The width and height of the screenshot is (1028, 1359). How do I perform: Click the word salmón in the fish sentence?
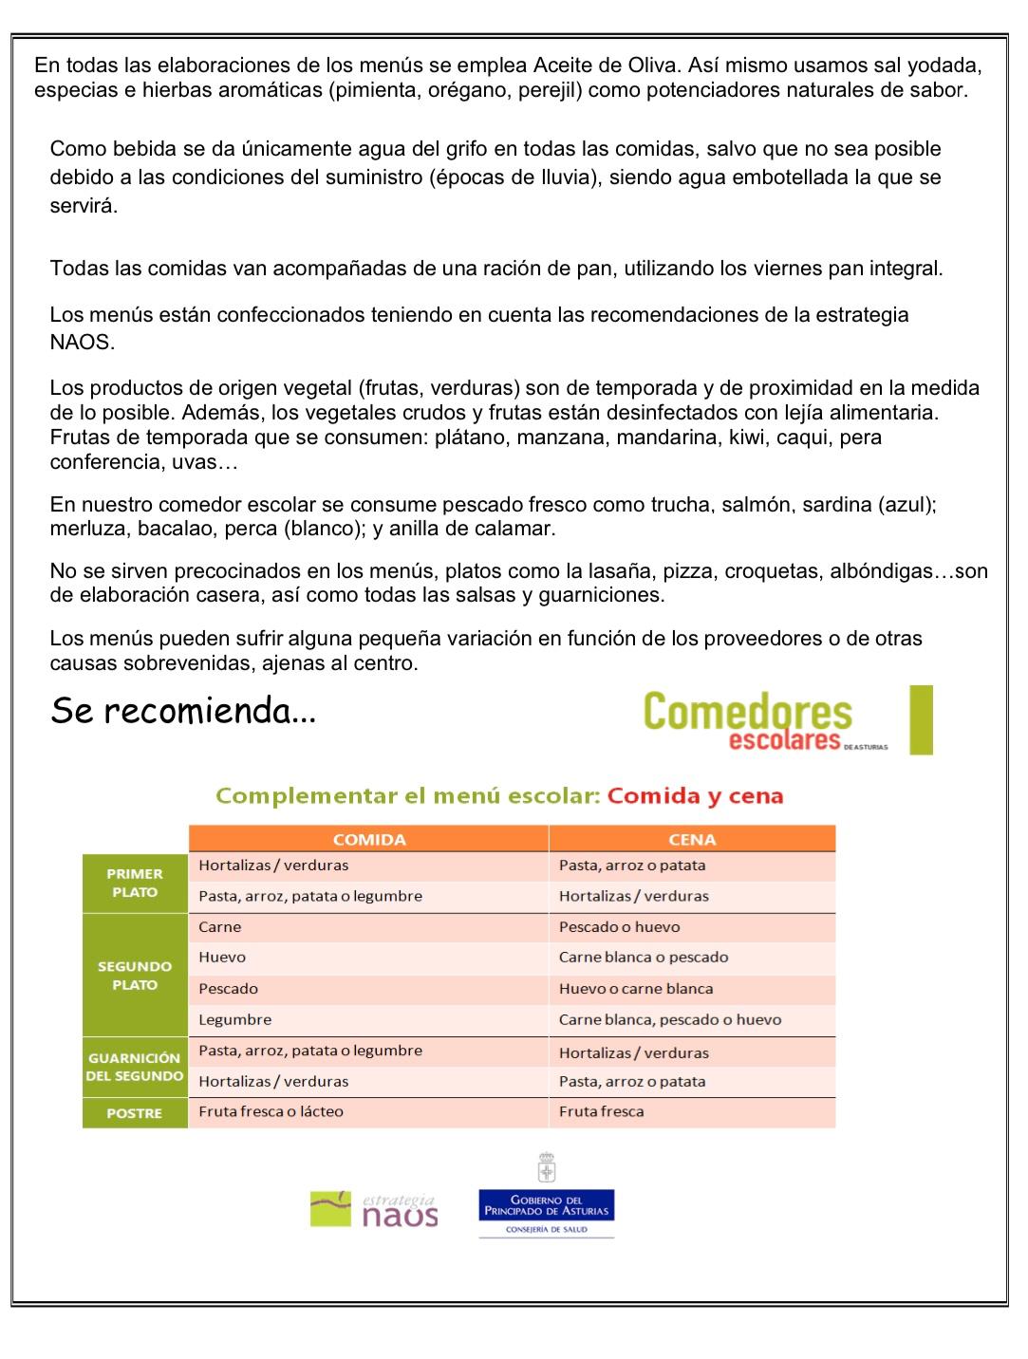point(757,505)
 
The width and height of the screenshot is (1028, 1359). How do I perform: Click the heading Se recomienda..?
point(182,710)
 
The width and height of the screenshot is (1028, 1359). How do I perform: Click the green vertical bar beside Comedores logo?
point(921,720)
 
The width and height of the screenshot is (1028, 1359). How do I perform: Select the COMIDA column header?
point(369,839)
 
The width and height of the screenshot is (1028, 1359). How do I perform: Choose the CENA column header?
point(692,839)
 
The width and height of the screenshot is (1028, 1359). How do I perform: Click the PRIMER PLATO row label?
point(135,883)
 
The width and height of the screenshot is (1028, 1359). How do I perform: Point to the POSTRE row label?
point(135,1113)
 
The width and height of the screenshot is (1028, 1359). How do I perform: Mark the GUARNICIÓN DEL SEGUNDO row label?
point(135,1067)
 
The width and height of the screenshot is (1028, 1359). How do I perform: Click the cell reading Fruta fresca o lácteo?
point(271,1111)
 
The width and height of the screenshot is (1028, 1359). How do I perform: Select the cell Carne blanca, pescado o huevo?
point(669,1020)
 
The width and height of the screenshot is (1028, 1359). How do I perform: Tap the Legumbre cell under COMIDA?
point(234,1020)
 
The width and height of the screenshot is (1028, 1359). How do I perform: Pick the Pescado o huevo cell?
point(619,927)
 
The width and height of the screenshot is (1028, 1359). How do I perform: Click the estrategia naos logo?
point(374,1209)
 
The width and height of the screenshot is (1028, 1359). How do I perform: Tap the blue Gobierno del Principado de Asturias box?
point(547,1205)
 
